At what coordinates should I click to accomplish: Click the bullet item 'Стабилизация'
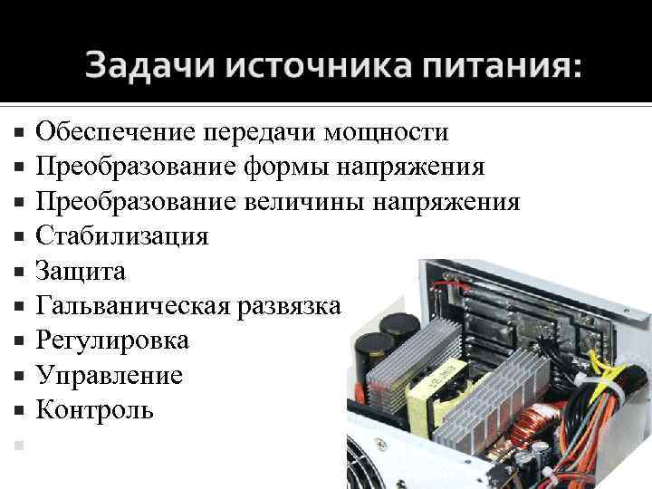coord(121,236)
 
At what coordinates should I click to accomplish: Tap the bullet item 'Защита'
coord(81,271)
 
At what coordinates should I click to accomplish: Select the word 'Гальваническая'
coord(133,306)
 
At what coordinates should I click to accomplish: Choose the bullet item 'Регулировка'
coord(112,340)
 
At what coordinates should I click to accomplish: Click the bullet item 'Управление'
coord(109,375)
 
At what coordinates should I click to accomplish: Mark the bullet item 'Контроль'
coord(94,409)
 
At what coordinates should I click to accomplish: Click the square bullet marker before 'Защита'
coord(20,272)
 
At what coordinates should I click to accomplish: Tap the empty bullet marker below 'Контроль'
coord(20,445)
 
